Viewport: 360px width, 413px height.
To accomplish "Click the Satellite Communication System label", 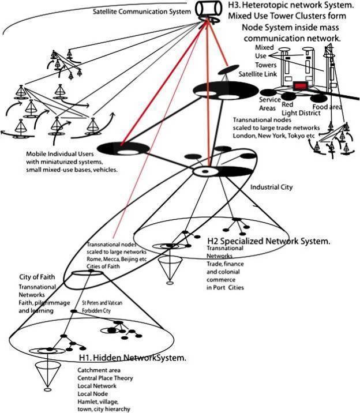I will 141,10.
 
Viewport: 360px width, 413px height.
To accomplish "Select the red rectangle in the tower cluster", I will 301,86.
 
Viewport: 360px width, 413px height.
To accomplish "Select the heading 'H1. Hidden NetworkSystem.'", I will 133,358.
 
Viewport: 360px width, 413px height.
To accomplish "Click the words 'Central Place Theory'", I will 106,378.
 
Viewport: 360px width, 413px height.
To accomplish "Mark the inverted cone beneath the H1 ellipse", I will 44,374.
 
